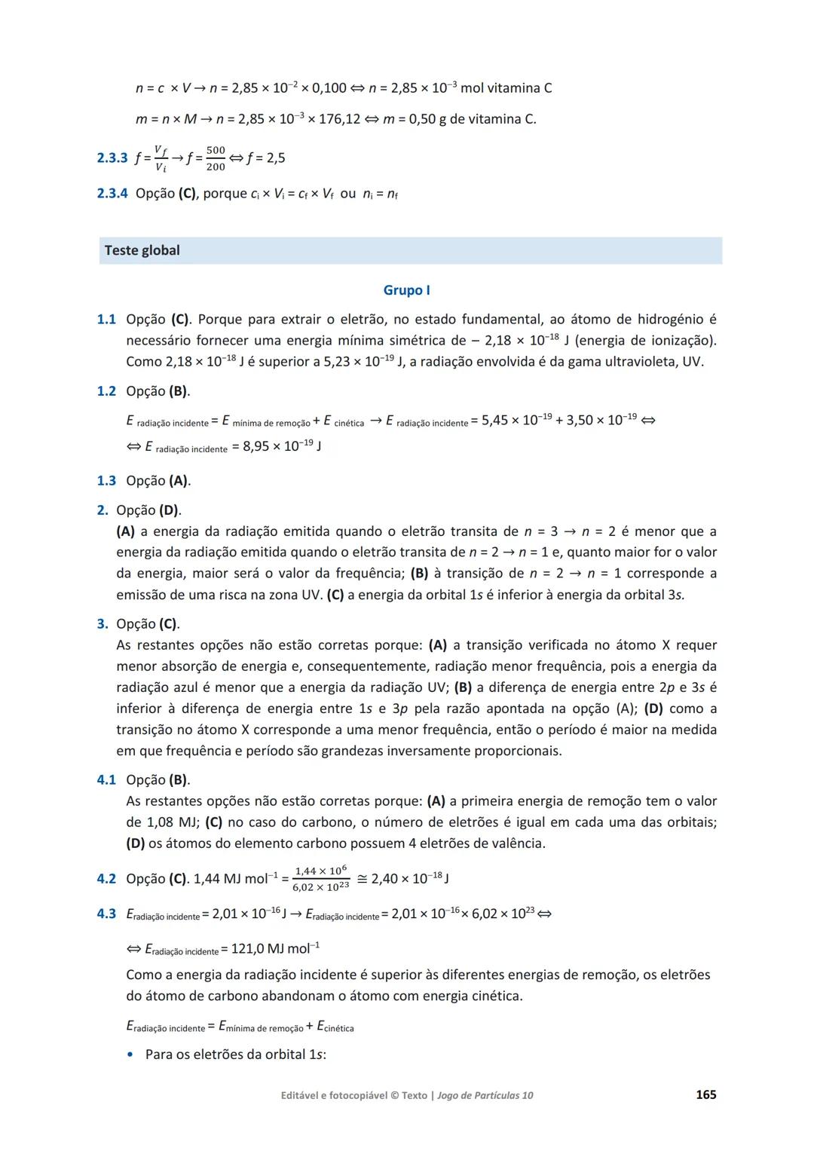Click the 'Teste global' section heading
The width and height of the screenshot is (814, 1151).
point(142,250)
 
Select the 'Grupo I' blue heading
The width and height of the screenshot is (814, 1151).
point(406,290)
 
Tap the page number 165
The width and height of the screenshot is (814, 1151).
point(705,1094)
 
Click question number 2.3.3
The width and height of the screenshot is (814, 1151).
point(112,158)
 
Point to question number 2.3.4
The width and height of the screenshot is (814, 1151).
point(112,194)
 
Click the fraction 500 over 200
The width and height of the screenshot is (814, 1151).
point(216,158)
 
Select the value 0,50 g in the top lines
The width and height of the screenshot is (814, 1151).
point(424,119)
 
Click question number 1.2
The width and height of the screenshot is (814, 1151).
point(106,391)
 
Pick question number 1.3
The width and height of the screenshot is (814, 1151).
point(106,481)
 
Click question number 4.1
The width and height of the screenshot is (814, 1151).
point(106,780)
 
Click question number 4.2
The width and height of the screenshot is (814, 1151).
point(106,879)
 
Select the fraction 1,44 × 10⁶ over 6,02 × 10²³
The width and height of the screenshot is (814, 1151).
point(320,879)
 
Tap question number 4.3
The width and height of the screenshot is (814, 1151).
point(106,914)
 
